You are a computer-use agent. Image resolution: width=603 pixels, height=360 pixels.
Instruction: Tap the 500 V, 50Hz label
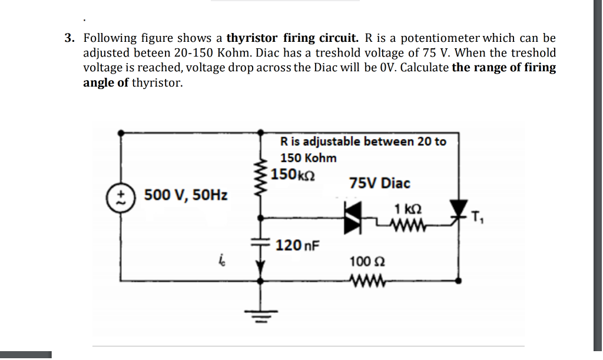186,195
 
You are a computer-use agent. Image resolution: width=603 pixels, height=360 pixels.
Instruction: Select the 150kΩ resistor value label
294,175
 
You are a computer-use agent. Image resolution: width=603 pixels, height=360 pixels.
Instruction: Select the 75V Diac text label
379,183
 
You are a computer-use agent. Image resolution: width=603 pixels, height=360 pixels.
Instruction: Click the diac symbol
354,216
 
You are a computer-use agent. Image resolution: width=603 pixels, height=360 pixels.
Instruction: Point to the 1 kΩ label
408,209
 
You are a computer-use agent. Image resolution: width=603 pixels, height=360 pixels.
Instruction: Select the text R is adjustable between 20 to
363,141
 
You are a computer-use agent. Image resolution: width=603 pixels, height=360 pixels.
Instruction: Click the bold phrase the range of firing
503,67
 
